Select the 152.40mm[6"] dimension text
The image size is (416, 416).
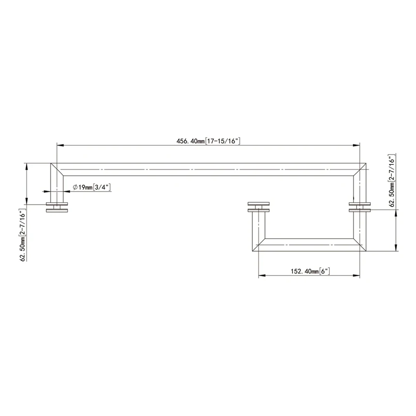(x=308, y=271)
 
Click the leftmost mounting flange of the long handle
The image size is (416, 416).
(x=57, y=207)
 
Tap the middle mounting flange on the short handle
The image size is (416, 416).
(x=258, y=206)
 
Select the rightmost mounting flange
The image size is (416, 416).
(x=360, y=207)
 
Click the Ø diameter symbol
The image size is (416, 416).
(x=75, y=187)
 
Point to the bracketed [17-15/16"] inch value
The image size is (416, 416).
(x=224, y=140)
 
